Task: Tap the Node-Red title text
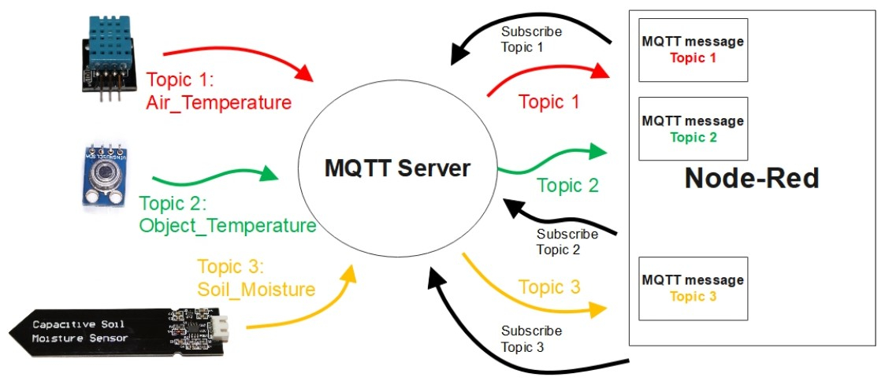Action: pyautogui.click(x=751, y=178)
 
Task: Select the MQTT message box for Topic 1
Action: pyautogui.click(x=693, y=50)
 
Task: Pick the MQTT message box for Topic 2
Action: pyautogui.click(x=693, y=129)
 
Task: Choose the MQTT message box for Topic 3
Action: pyautogui.click(x=693, y=288)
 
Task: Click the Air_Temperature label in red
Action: pyautogui.click(x=218, y=102)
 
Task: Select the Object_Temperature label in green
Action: pyautogui.click(x=227, y=226)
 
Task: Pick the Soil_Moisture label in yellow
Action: pyautogui.click(x=256, y=289)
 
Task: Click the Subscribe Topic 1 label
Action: pyautogui.click(x=531, y=39)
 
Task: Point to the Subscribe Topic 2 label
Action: pyautogui.click(x=567, y=242)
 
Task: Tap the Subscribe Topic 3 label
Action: pyautogui.click(x=531, y=338)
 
